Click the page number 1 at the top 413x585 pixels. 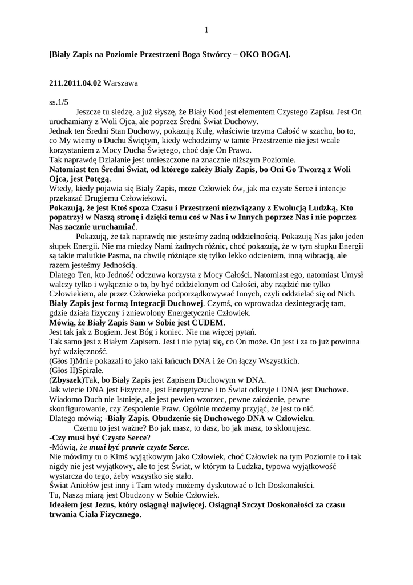tap(206, 30)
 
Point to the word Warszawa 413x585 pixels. tap(121, 83)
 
